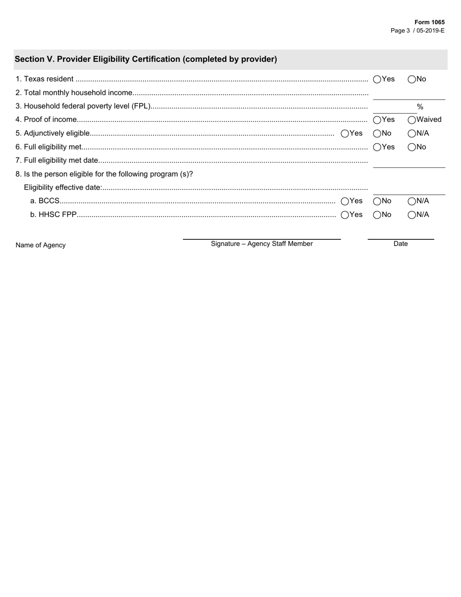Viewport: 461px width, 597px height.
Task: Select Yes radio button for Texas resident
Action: pyautogui.click(x=377, y=79)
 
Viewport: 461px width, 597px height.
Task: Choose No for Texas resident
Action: pyautogui.click(x=412, y=79)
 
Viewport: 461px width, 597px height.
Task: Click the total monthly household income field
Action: pyautogui.click(x=409, y=94)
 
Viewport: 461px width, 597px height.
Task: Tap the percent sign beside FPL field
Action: pyautogui.click(x=420, y=107)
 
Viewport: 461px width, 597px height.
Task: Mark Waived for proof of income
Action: pyautogui.click(x=412, y=120)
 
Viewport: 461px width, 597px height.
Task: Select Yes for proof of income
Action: pyautogui.click(x=377, y=120)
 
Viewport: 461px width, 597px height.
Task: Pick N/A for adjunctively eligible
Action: pyautogui.click(x=412, y=133)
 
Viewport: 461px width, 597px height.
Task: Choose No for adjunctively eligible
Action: pyautogui.click(x=377, y=133)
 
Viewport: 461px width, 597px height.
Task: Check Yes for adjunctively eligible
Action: pyautogui.click(x=345, y=133)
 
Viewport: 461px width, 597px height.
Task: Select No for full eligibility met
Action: pyautogui.click(x=412, y=147)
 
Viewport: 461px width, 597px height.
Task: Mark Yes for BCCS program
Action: pyautogui.click(x=345, y=201)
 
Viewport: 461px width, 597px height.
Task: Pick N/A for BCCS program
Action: pyautogui.click(x=412, y=201)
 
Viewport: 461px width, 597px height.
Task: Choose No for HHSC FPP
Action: pyautogui.click(x=377, y=215)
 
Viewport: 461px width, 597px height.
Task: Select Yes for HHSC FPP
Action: pyautogui.click(x=345, y=215)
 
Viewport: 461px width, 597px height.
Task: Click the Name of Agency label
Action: pyautogui.click(x=40, y=245)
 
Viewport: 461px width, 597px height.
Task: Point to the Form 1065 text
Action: pyautogui.click(x=429, y=22)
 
